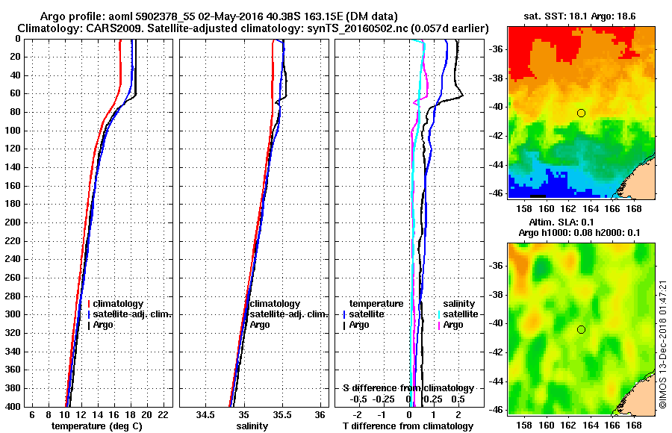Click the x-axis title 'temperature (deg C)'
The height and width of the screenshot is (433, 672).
coord(96,426)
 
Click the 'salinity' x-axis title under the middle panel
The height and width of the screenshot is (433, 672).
coord(252,426)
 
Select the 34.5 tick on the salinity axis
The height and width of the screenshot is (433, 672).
coord(205,414)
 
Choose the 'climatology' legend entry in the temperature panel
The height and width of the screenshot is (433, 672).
coord(118,305)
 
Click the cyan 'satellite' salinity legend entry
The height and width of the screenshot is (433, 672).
coord(460,314)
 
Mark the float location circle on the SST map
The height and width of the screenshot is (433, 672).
coord(581,113)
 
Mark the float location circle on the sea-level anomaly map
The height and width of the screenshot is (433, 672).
coord(581,329)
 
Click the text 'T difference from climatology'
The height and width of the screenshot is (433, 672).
coord(408,426)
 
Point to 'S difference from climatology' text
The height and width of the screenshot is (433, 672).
coord(408,388)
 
